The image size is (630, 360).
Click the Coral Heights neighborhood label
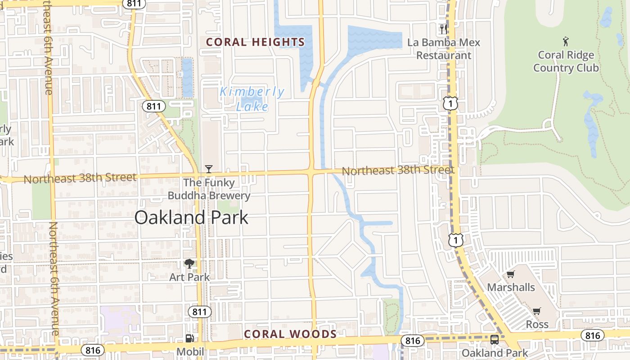tap(255, 42)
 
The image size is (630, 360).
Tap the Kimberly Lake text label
tap(252, 99)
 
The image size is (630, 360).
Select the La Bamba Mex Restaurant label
tap(444, 49)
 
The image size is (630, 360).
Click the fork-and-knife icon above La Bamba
tap(444, 29)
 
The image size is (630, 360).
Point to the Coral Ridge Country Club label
tap(566, 62)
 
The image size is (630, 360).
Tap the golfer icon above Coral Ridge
tap(566, 42)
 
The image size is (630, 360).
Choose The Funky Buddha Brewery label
tap(209, 189)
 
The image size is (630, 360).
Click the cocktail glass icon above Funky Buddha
tap(209, 169)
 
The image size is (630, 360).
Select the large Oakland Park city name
tap(191, 218)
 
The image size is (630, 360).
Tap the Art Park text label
tap(189, 277)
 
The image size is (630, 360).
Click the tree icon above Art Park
tap(189, 264)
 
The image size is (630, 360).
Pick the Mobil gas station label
tap(190, 351)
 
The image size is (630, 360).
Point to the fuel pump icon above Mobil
tap(190, 338)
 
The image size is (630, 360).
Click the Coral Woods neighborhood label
tap(290, 334)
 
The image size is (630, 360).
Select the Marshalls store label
tap(511, 287)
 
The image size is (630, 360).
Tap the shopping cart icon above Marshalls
tap(511, 274)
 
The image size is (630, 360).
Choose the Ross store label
tap(537, 324)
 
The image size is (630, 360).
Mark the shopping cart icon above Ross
tap(537, 311)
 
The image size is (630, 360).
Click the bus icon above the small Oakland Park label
tap(495, 340)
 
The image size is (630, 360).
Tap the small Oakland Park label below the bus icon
tap(495, 353)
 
